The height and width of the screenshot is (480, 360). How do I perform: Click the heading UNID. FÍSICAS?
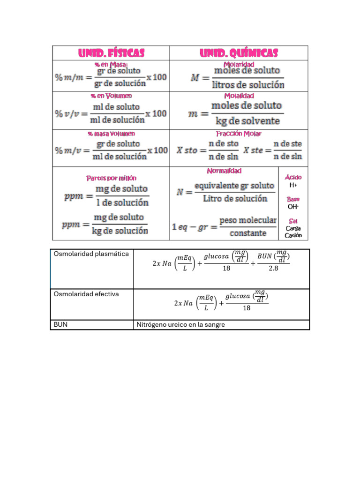point(111,53)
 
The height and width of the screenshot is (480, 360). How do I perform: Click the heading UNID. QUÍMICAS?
point(239,53)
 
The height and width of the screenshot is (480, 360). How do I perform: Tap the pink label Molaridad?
point(239,64)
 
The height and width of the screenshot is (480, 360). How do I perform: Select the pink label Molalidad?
point(239,96)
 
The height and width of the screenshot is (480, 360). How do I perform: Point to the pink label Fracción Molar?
point(239,134)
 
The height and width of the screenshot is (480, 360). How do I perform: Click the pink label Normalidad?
point(224,171)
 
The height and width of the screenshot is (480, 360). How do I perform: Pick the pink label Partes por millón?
point(112,178)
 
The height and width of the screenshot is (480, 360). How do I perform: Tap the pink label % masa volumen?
point(112,134)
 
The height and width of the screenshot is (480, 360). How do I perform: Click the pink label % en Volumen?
point(112,96)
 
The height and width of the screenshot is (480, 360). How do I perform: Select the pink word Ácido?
point(293,177)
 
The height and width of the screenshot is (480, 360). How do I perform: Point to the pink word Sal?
point(293,221)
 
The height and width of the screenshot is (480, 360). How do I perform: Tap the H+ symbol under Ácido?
point(293,185)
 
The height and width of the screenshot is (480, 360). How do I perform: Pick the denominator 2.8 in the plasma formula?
point(273,269)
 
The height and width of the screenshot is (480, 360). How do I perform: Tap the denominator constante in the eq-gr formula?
point(248,233)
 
